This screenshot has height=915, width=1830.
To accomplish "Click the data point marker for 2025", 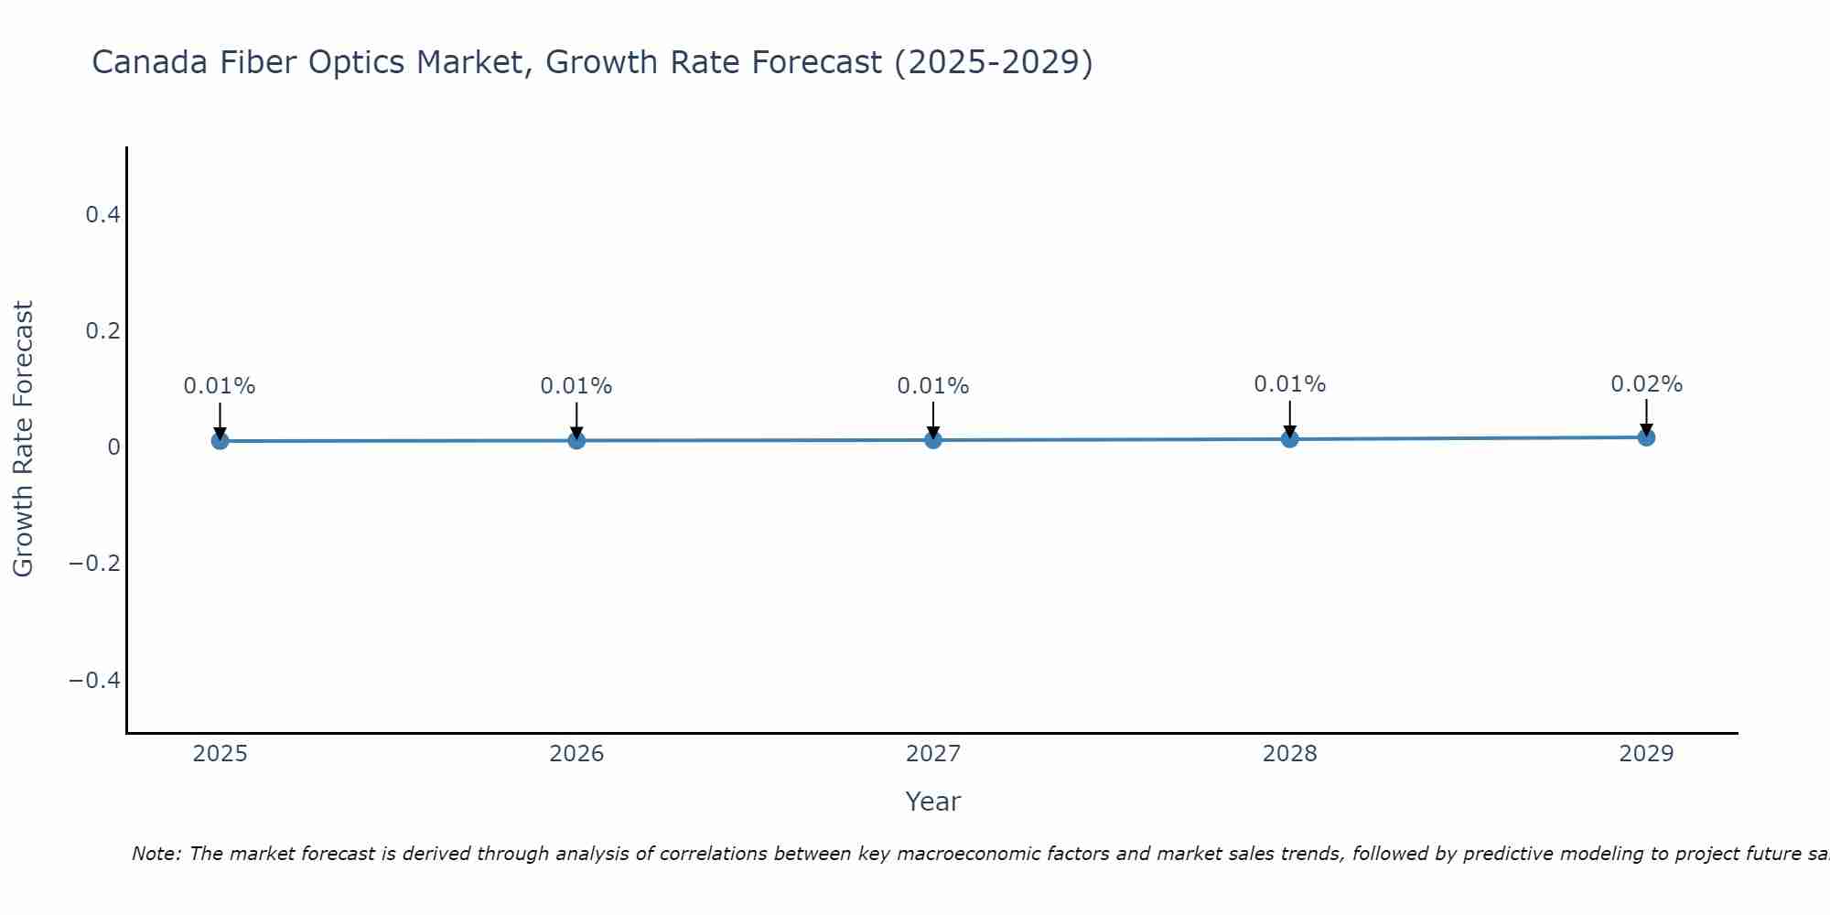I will tap(220, 441).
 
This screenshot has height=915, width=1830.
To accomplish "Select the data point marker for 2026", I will tap(576, 440).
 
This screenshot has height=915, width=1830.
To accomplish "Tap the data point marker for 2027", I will tap(933, 440).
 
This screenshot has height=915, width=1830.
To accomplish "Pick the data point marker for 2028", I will tap(1290, 439).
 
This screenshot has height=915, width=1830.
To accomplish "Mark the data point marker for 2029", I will tap(1646, 437).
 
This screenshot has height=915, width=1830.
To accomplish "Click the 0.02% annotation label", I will tap(1646, 384).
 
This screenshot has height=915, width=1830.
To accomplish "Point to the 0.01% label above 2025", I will tap(220, 386).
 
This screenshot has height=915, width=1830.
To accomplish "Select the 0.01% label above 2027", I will tap(933, 386).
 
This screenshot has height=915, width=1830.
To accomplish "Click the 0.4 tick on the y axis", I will tap(102, 215).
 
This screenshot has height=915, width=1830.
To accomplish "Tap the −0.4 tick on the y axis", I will tap(94, 680).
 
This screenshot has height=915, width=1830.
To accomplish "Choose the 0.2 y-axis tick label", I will tap(102, 330).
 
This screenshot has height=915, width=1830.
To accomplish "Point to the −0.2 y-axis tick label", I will tap(94, 563).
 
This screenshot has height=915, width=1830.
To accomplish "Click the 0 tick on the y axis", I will tap(113, 447).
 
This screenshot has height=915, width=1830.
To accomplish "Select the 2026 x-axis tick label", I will tap(576, 754).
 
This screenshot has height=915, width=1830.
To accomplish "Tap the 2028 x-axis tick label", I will tap(1290, 754).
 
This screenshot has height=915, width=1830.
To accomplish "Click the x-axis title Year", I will tap(932, 802).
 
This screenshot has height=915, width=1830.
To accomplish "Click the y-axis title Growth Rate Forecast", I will tap(23, 438).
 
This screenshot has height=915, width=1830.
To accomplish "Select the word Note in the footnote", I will tap(156, 855).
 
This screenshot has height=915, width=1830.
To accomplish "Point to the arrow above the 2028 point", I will tap(1290, 419).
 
